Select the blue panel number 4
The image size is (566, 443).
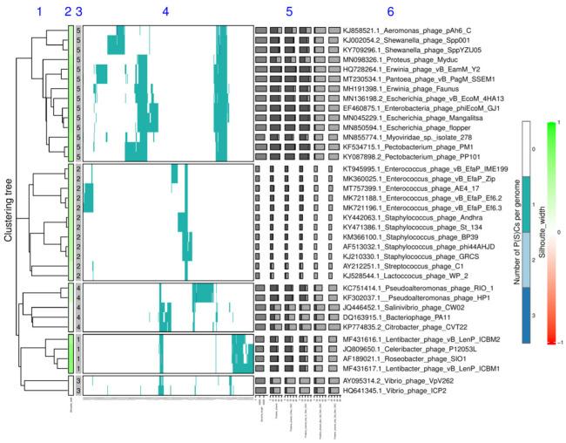point(165,11)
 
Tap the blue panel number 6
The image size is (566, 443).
point(390,11)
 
